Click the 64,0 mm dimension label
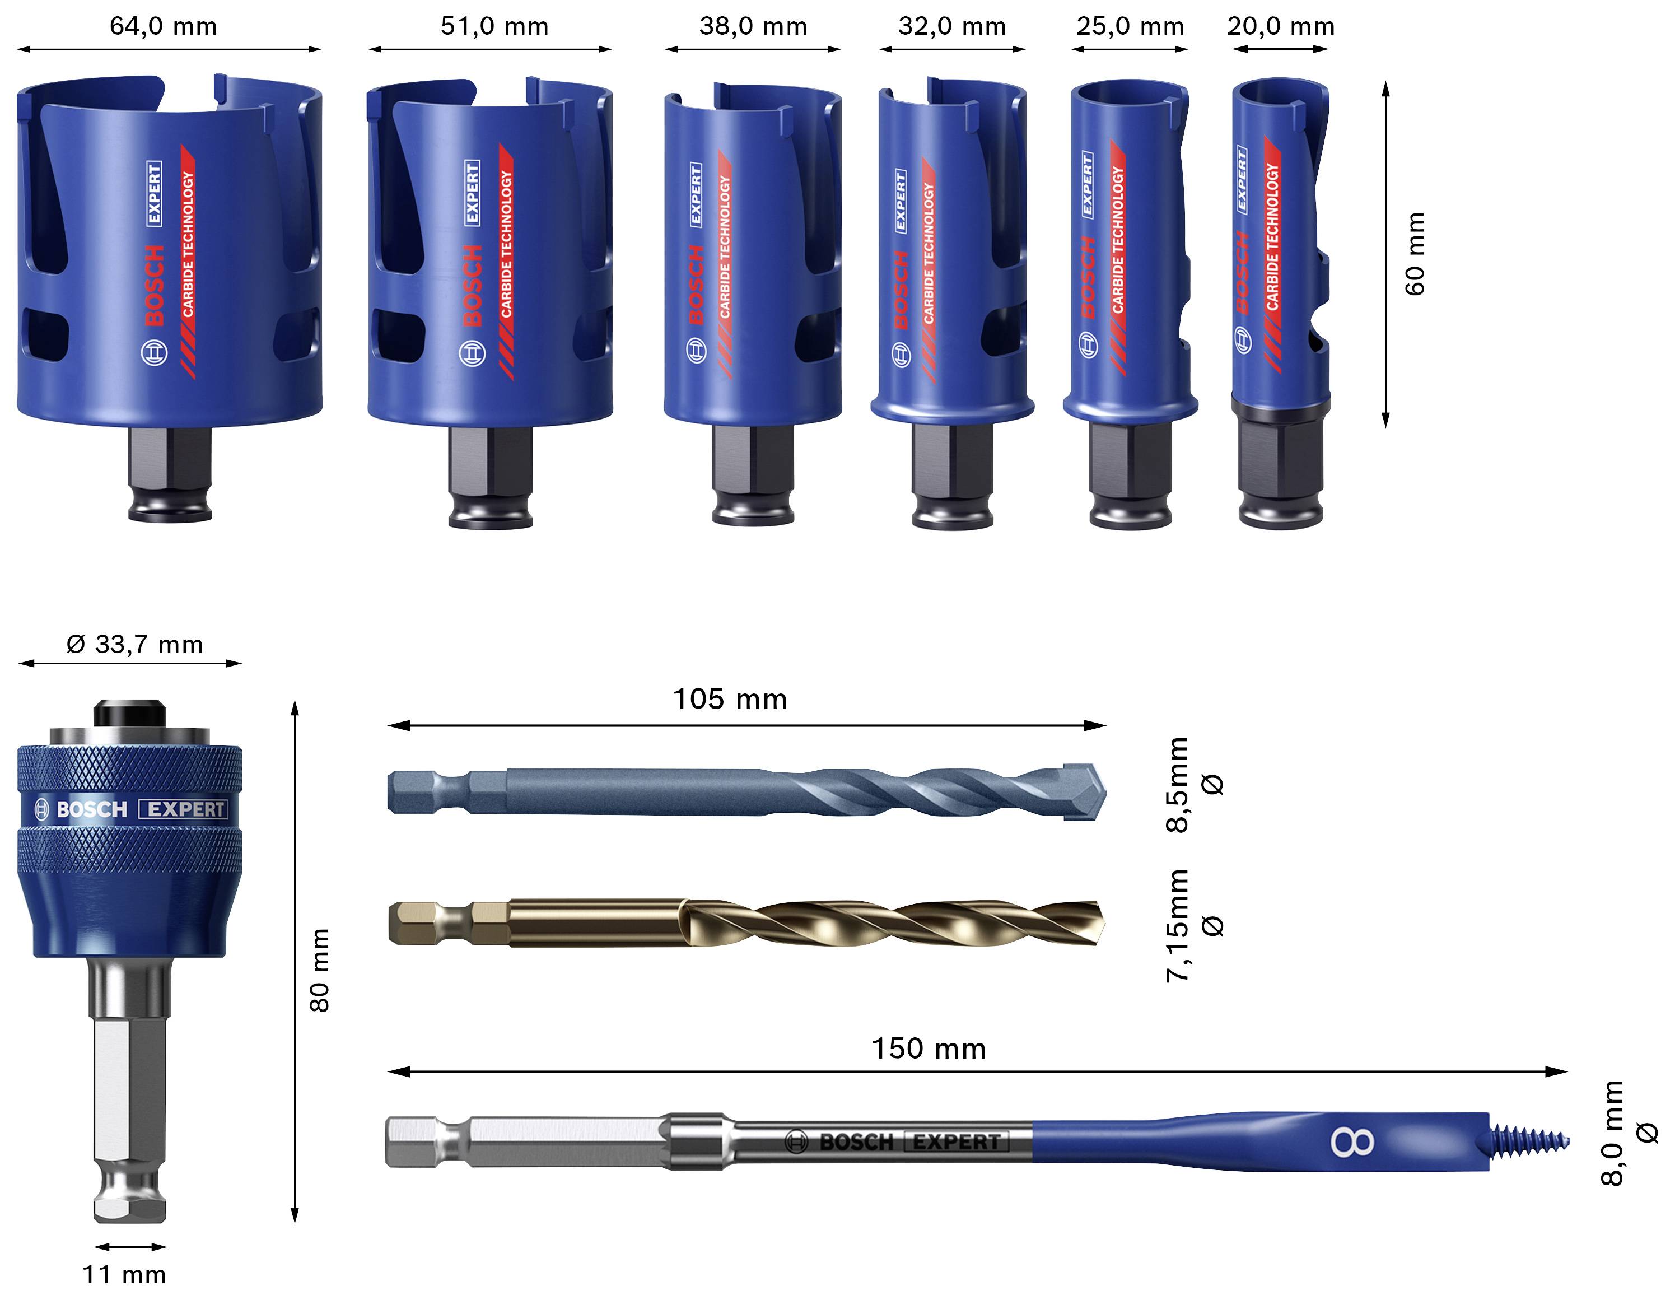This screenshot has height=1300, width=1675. click(164, 26)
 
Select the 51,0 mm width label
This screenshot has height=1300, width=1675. click(494, 26)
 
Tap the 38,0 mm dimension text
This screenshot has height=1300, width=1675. click(753, 26)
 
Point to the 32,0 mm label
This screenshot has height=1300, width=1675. click(952, 26)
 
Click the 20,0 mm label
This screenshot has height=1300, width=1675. click(1281, 26)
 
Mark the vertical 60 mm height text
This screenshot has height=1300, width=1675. click(1415, 253)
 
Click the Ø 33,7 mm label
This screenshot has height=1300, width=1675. click(135, 644)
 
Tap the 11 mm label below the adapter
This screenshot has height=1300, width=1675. click(124, 1274)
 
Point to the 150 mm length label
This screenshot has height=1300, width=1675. click(928, 1049)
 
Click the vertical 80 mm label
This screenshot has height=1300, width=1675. click(319, 970)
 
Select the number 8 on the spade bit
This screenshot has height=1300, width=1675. click(1352, 1143)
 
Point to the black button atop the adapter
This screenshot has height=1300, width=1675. click(129, 712)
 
